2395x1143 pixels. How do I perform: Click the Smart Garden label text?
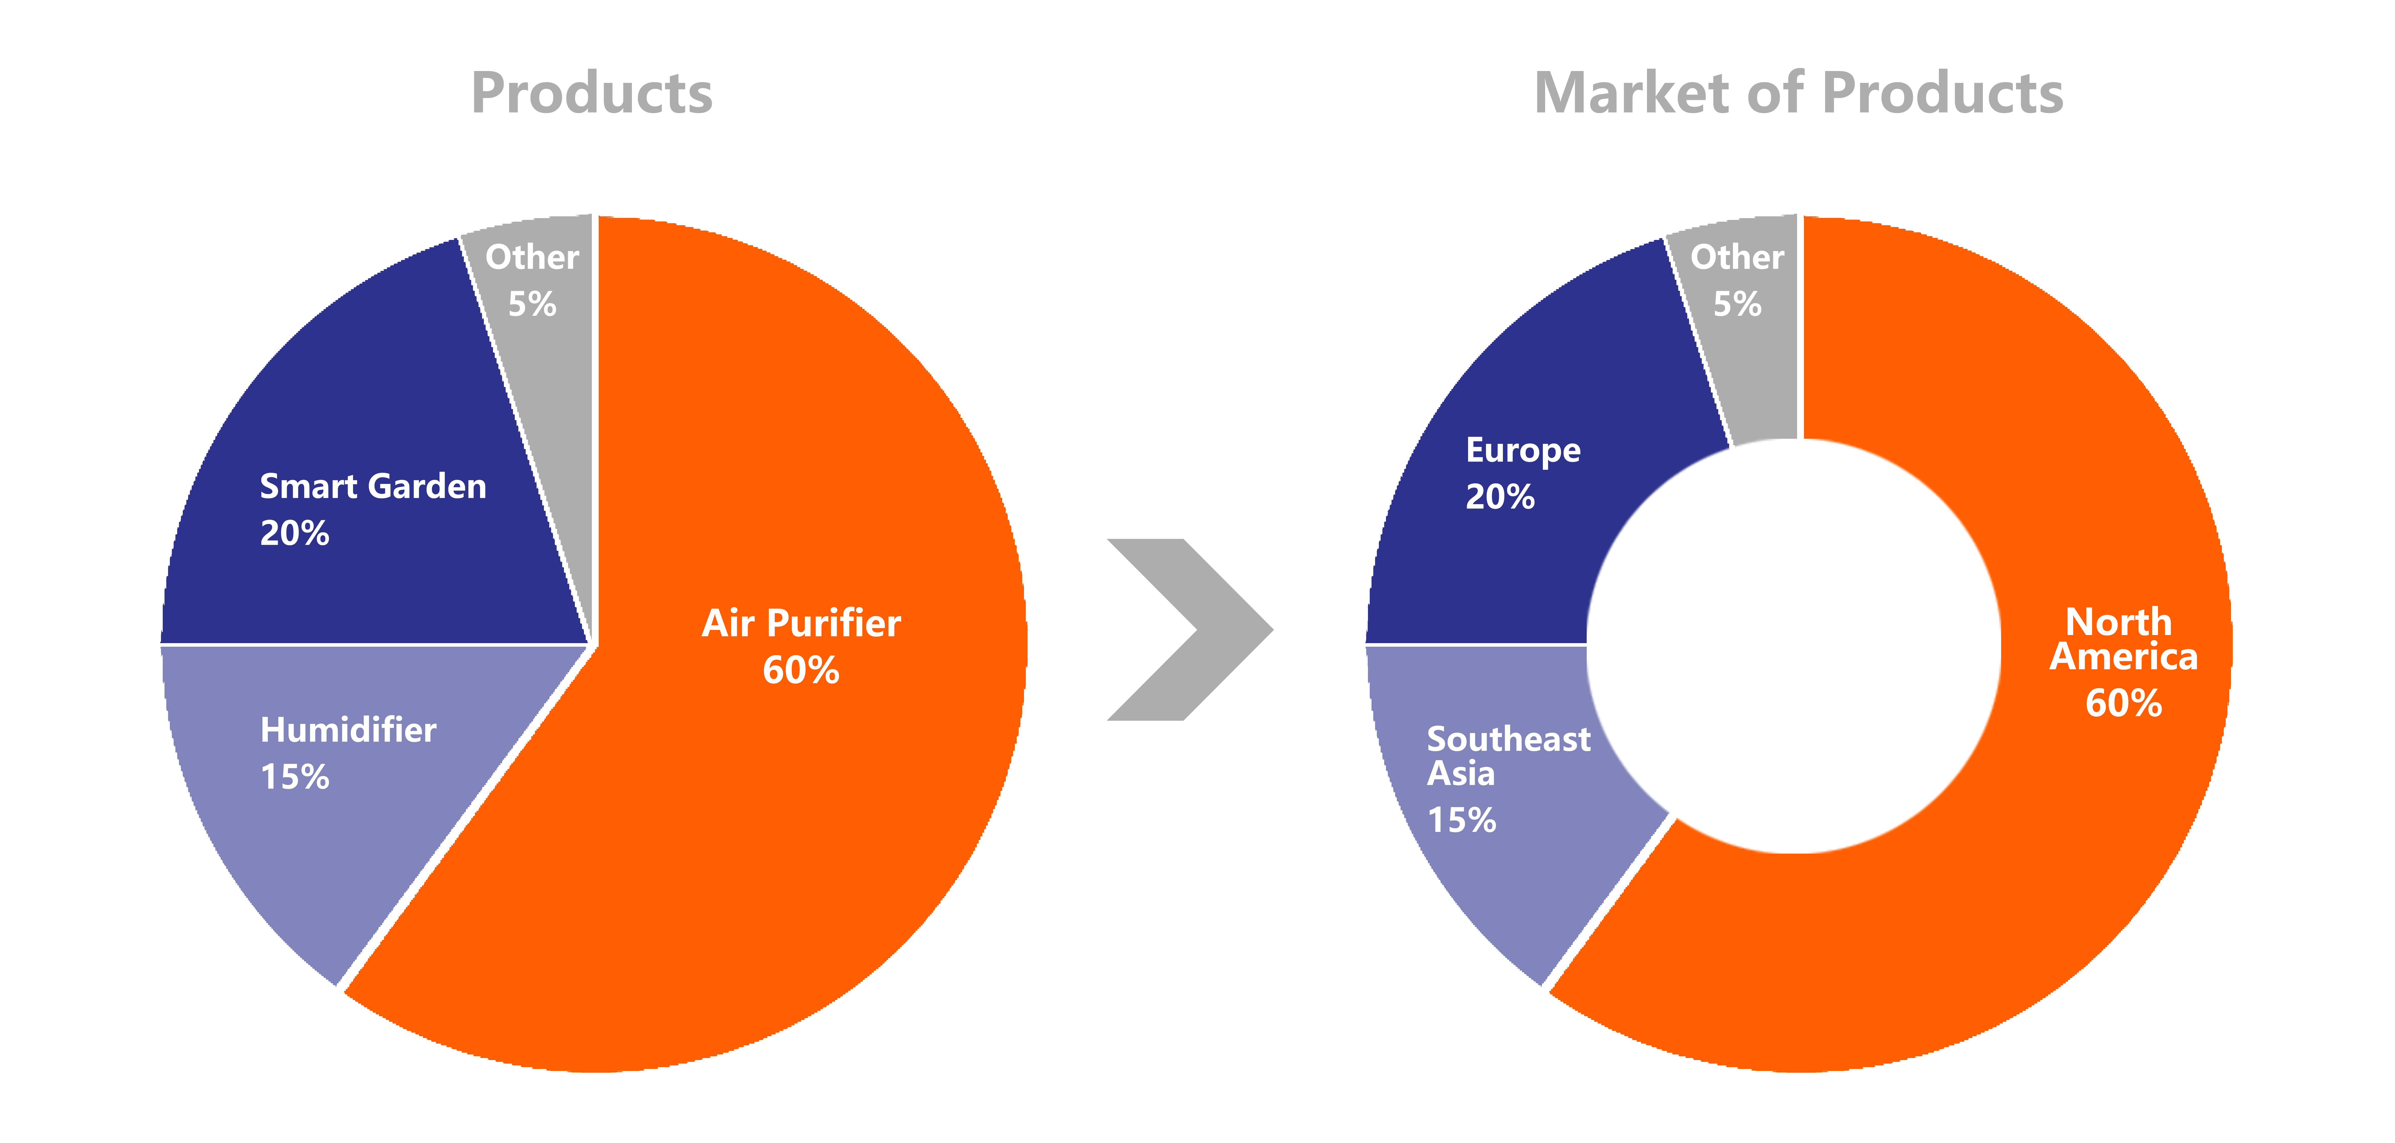pyautogui.click(x=373, y=486)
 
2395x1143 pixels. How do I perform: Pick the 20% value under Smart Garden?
pyautogui.click(x=295, y=533)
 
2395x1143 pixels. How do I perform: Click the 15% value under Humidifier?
pyautogui.click(x=295, y=777)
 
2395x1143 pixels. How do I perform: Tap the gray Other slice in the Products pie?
pyautogui.click(x=549, y=391)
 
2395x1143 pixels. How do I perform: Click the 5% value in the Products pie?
pyautogui.click(x=532, y=304)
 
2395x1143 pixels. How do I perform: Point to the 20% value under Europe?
pyautogui.click(x=1500, y=497)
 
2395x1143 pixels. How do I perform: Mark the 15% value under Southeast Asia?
pyautogui.click(x=1461, y=820)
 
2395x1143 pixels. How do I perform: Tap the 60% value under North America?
pyautogui.click(x=2124, y=703)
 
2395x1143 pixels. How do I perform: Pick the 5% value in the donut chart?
pyautogui.click(x=1737, y=304)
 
